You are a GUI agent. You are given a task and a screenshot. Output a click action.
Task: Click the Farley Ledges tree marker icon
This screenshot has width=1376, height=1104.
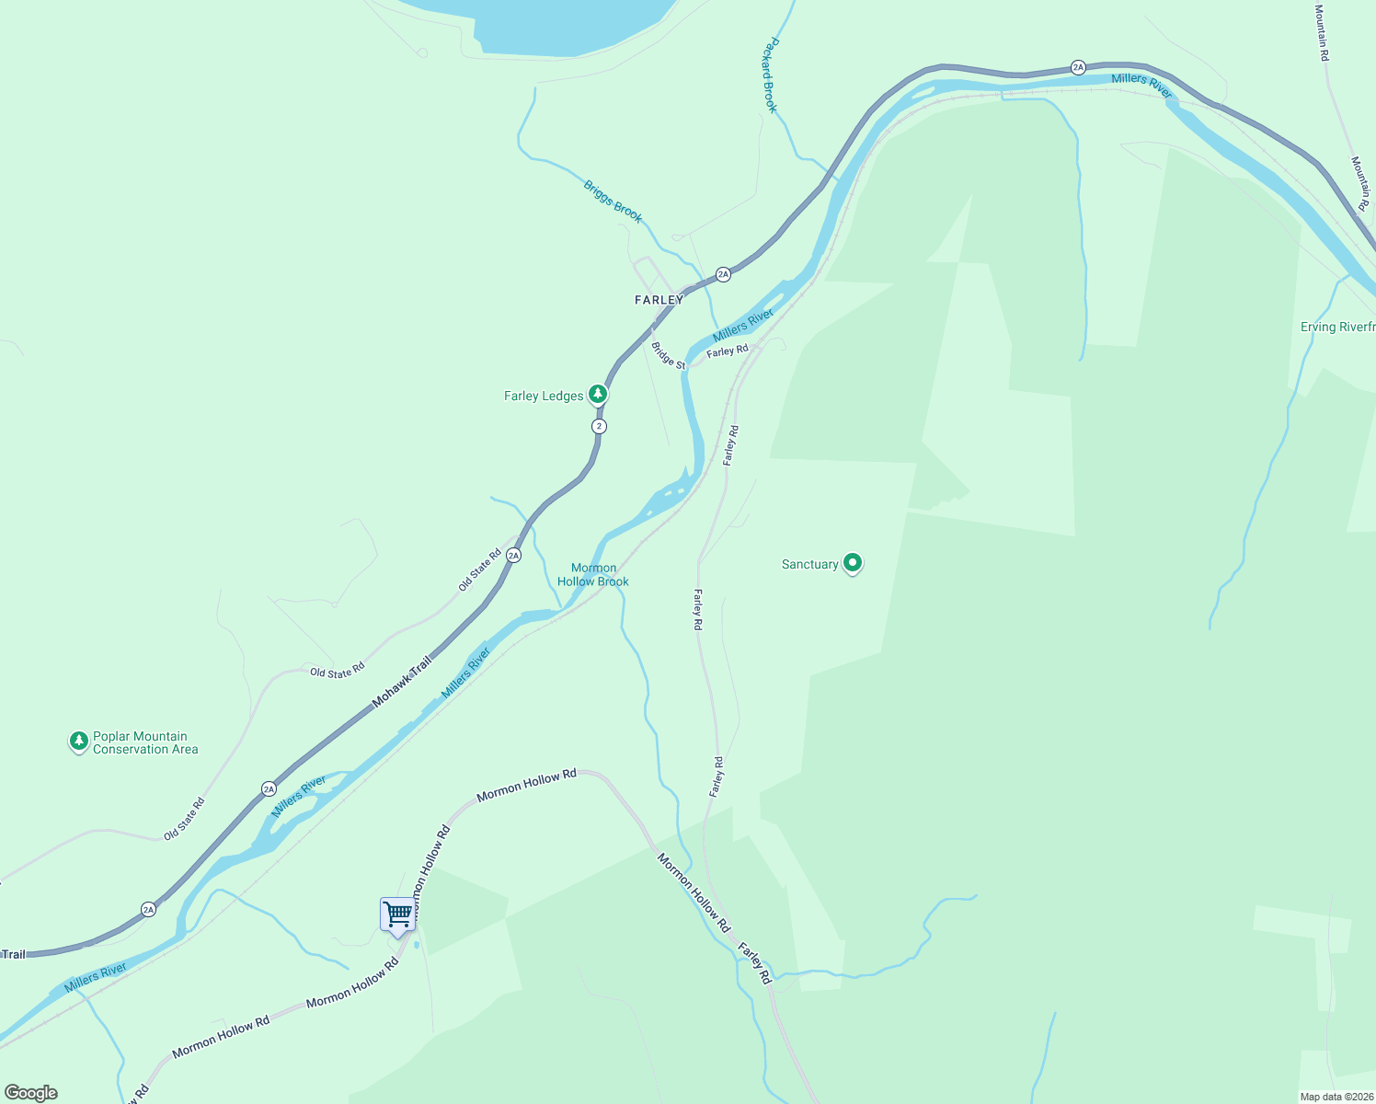click(x=598, y=395)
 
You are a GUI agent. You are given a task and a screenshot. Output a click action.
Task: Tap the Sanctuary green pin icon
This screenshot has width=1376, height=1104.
click(x=853, y=562)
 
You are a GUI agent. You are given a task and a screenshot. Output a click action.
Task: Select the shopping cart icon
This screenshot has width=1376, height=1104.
click(x=398, y=915)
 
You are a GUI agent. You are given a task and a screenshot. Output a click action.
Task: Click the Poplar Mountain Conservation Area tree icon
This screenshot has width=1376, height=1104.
click(x=79, y=741)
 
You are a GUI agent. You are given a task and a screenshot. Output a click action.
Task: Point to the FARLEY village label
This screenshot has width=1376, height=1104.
click(x=659, y=300)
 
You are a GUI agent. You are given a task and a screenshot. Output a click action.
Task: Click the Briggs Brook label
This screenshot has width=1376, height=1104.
click(x=613, y=201)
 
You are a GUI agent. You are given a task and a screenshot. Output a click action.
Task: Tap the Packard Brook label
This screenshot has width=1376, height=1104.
click(x=771, y=75)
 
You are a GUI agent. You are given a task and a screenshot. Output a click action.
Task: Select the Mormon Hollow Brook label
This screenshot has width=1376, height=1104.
click(x=593, y=575)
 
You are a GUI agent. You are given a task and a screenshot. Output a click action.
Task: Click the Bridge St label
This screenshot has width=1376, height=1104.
click(x=669, y=356)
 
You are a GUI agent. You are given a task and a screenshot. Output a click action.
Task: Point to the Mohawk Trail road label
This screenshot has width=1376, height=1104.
click(x=402, y=682)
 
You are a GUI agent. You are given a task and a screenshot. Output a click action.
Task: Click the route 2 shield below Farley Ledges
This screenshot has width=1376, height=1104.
click(x=600, y=426)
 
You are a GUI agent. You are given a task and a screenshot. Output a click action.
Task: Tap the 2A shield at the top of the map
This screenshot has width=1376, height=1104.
click(x=1078, y=67)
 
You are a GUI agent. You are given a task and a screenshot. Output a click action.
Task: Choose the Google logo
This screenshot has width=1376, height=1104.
click(x=31, y=1093)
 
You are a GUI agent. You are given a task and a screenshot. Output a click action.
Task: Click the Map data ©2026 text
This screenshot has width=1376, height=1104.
click(x=1336, y=1097)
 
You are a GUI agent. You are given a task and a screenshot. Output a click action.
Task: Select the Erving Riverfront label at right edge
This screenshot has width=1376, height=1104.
click(x=1337, y=327)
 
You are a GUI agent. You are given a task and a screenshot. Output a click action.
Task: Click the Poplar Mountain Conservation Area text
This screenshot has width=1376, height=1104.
click(x=145, y=742)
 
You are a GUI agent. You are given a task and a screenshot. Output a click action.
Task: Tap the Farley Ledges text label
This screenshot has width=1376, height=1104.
click(x=544, y=396)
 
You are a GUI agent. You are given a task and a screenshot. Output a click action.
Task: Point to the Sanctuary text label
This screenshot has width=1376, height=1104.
click(x=809, y=564)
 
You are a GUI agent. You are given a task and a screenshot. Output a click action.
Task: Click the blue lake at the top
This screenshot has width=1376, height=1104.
click(x=570, y=23)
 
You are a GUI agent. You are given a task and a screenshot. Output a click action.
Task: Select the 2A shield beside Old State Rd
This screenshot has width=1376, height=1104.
click(x=513, y=556)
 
